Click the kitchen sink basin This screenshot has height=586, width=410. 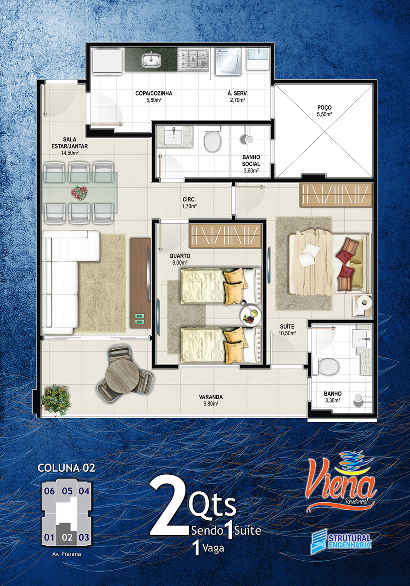(x=151, y=60)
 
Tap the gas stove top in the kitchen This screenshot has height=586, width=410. (x=193, y=60)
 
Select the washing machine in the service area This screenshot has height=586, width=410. (x=228, y=62)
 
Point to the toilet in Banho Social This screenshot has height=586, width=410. (x=212, y=140)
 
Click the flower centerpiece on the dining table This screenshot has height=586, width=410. (x=79, y=193)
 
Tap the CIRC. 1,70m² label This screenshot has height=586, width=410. (x=189, y=203)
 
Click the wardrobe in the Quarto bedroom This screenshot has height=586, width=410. (x=225, y=235)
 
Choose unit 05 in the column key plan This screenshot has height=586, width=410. (x=67, y=491)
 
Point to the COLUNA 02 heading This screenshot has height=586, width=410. (x=67, y=468)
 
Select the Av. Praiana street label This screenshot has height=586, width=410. (x=67, y=554)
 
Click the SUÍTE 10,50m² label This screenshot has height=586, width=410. (x=287, y=329)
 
